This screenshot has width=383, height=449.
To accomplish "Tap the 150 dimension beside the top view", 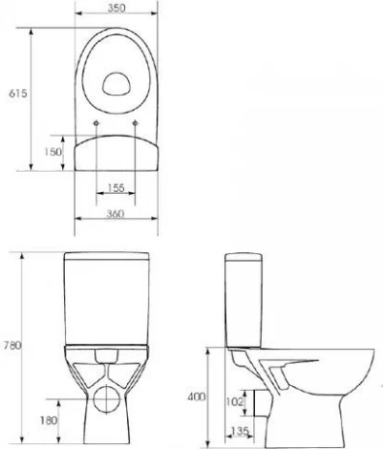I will pyautogui.click(x=53, y=152).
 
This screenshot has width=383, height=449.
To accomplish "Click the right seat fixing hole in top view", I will pyautogui.click(x=137, y=124).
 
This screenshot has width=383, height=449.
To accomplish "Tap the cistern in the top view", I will pyautogui.click(x=118, y=153).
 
